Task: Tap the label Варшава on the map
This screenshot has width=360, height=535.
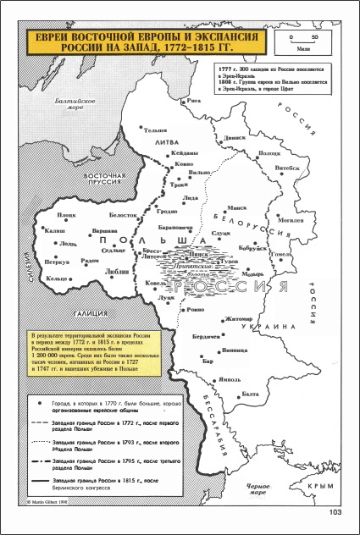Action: [103, 229]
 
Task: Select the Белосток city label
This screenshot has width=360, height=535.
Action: [123, 215]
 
